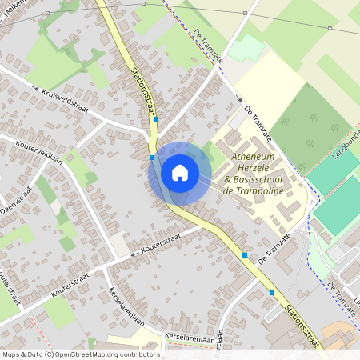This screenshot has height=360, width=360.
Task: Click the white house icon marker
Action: click(180, 172)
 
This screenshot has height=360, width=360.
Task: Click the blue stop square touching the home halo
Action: click(152, 158)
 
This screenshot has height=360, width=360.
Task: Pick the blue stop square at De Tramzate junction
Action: click(244, 254)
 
